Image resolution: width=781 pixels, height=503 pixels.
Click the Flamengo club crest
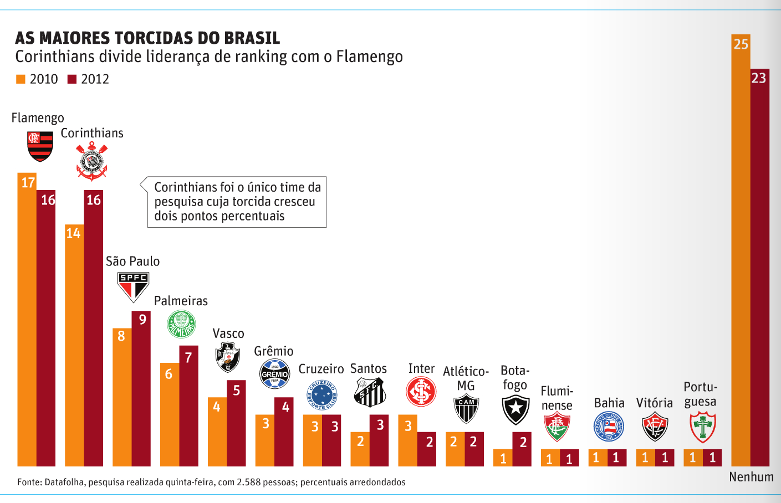(x=40, y=146)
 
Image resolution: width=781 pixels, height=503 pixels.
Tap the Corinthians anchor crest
(x=91, y=161)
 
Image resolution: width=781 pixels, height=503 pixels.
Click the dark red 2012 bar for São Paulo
(x=141, y=388)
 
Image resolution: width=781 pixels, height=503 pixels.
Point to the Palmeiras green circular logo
(x=181, y=325)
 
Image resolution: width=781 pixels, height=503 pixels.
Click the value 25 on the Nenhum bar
(x=741, y=44)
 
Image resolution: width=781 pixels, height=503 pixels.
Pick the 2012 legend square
(x=72, y=79)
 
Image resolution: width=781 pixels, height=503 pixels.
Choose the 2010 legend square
(x=21, y=79)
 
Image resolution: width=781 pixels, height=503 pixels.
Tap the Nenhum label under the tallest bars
(x=751, y=477)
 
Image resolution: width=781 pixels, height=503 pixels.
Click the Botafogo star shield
(x=515, y=410)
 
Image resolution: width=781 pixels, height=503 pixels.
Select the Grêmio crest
(x=275, y=374)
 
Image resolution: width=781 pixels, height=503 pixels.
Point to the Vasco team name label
(x=228, y=333)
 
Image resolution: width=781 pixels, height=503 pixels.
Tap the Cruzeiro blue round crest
(x=321, y=395)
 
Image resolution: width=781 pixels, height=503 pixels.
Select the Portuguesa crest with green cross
(x=702, y=427)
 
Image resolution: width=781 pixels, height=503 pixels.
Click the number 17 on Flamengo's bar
(x=28, y=182)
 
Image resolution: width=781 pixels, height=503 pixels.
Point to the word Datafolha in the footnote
(x=64, y=482)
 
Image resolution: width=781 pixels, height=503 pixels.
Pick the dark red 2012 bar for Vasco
(x=236, y=424)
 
